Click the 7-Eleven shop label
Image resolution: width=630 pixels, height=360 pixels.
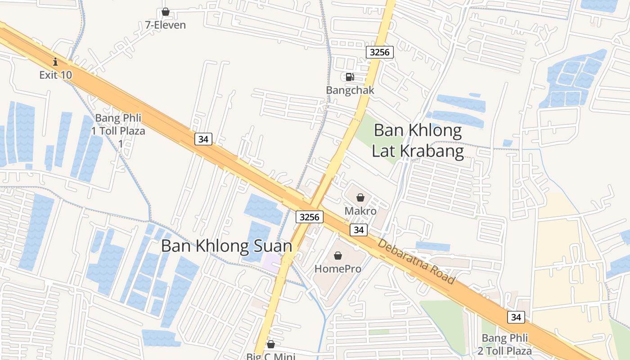(x=165, y=25)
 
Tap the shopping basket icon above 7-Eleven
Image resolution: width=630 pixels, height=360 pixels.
(x=165, y=12)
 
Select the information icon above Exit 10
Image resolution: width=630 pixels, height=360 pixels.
(x=55, y=61)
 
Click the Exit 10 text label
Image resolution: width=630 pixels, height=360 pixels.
(x=55, y=75)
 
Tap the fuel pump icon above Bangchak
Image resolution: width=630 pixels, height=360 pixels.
(x=350, y=77)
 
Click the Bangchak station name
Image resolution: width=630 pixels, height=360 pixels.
(x=350, y=90)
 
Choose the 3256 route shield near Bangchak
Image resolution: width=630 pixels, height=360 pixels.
(x=379, y=52)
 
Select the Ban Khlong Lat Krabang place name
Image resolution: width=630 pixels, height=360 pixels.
(x=418, y=140)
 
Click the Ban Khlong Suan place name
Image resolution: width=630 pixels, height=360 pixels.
(x=226, y=246)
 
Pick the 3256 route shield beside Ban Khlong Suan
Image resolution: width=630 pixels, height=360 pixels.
(x=310, y=217)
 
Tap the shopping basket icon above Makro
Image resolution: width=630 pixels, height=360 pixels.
(x=360, y=198)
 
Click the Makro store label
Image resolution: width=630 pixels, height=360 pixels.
(x=360, y=211)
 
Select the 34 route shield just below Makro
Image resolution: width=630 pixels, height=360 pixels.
(x=358, y=230)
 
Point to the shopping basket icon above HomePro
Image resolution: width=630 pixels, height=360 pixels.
(x=338, y=256)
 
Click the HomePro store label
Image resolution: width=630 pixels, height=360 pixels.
(x=338, y=269)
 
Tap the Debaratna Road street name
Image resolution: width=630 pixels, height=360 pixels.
(x=416, y=261)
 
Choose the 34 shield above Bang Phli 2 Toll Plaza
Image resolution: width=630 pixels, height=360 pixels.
(x=516, y=317)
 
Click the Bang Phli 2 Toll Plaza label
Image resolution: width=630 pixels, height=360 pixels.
(x=506, y=344)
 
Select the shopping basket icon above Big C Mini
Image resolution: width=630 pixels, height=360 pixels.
(x=270, y=345)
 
